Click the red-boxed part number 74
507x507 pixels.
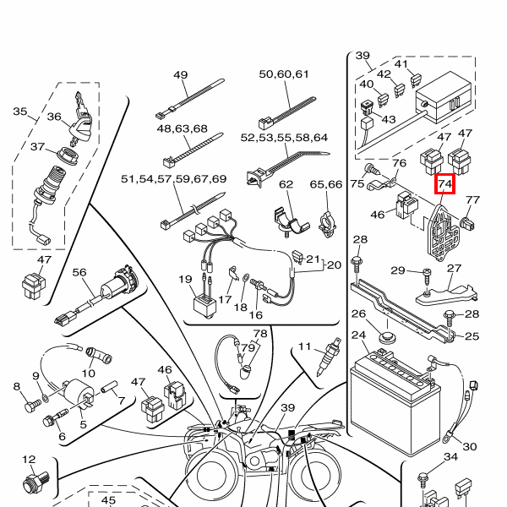point(445,184)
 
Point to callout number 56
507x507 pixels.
point(79,272)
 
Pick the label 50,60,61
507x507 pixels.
point(284,74)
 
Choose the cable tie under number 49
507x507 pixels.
point(187,104)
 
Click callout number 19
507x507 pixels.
point(185,280)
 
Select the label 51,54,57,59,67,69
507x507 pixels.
point(174,179)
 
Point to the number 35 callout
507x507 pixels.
point(20,112)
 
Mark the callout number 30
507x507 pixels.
point(470,446)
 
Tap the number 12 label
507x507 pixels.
point(30,460)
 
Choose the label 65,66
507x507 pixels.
point(326,183)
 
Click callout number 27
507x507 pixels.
point(455,268)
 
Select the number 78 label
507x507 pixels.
point(259,334)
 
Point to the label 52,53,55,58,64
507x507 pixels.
point(284,137)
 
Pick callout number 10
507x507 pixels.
point(89,373)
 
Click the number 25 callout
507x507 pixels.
point(472,336)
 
